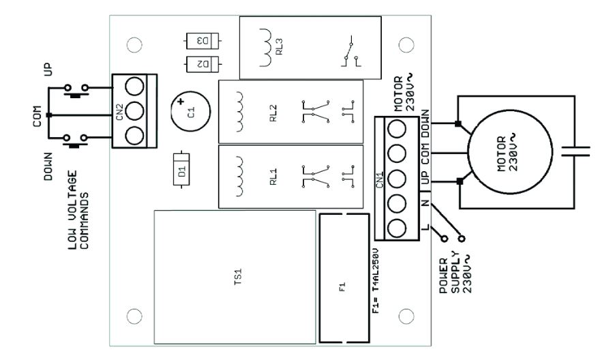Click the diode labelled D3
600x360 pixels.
coord(202,40)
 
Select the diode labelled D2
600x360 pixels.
coord(202,65)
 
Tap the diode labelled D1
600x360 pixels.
coord(182,173)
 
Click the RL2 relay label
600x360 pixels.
coord(273,110)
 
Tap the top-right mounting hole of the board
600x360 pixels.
coord(406,44)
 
